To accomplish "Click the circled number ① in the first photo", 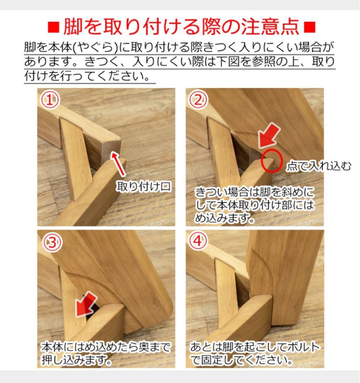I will (49, 101).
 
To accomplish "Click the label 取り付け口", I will (144, 187).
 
